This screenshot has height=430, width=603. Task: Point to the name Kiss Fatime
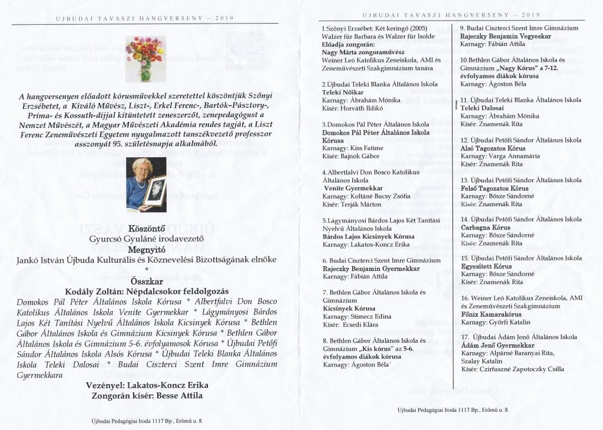[367, 149]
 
